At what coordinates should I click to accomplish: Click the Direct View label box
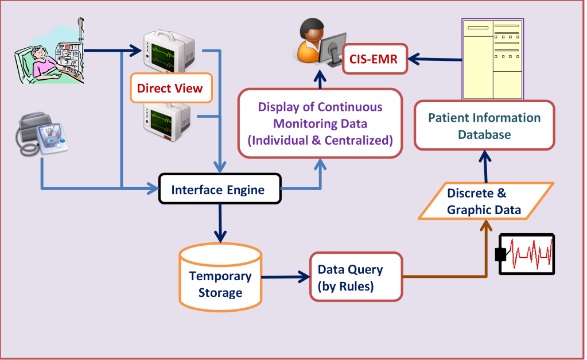point(171,88)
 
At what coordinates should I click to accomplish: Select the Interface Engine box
point(220,189)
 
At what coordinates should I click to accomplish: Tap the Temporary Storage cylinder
point(220,277)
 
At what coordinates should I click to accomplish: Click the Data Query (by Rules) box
point(356,277)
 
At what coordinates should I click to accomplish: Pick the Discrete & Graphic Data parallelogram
point(485,201)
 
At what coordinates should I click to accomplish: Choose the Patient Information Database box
point(484,126)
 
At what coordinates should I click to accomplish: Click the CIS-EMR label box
point(375,59)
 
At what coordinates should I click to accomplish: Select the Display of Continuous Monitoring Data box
point(320,123)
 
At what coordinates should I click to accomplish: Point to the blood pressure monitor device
point(42,134)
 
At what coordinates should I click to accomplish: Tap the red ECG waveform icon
point(526,254)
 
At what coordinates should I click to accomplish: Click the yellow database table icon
point(493,59)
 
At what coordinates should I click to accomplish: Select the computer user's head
point(312,30)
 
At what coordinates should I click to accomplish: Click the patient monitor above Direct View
point(169,51)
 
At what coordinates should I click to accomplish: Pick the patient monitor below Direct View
point(168,121)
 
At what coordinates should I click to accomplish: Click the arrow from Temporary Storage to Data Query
point(286,277)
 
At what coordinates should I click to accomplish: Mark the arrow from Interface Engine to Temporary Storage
point(220,223)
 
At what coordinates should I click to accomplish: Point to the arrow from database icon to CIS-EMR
point(434,59)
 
